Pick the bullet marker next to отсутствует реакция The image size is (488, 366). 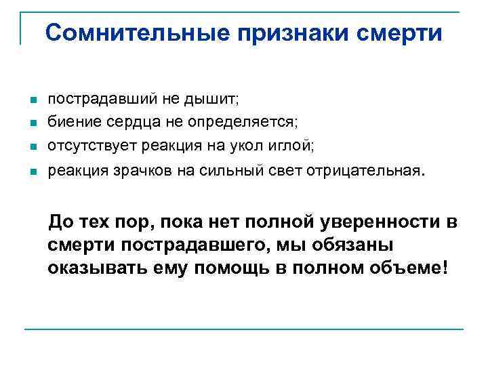click(33, 145)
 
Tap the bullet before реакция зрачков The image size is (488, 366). click(33, 171)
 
